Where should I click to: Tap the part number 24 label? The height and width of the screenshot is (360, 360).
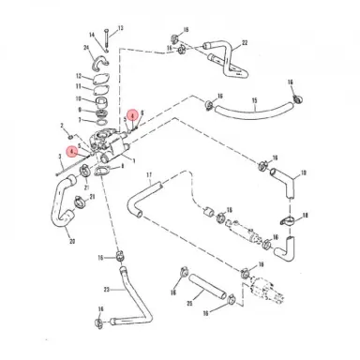tap(85, 46)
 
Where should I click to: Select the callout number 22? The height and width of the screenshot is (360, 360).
tap(245, 42)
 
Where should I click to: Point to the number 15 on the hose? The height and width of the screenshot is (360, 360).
tap(254, 99)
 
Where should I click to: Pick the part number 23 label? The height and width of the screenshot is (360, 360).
tap(106, 288)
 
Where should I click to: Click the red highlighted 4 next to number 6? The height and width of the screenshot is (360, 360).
tap(133, 116)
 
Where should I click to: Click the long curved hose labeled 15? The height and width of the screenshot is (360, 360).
tap(248, 116)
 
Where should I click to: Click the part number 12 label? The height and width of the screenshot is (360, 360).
tap(82, 79)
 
